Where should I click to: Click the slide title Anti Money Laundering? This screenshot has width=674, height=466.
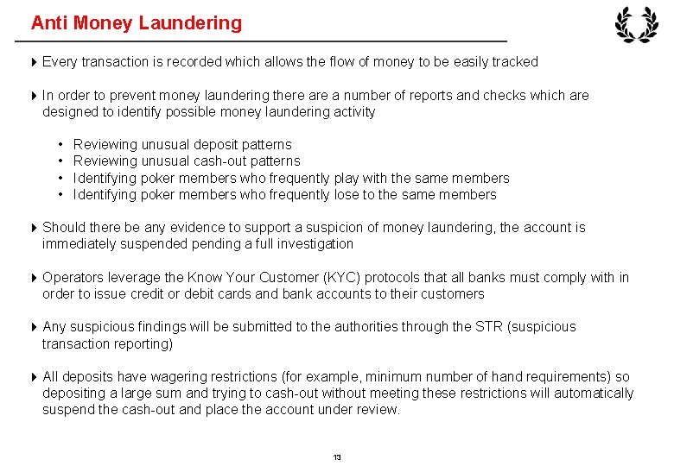click(x=137, y=23)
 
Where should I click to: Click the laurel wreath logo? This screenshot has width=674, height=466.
click(x=636, y=25)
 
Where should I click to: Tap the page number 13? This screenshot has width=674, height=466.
click(x=337, y=457)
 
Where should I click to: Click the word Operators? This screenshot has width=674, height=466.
click(x=73, y=277)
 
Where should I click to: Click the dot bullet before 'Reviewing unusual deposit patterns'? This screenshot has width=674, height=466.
click(x=61, y=144)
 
